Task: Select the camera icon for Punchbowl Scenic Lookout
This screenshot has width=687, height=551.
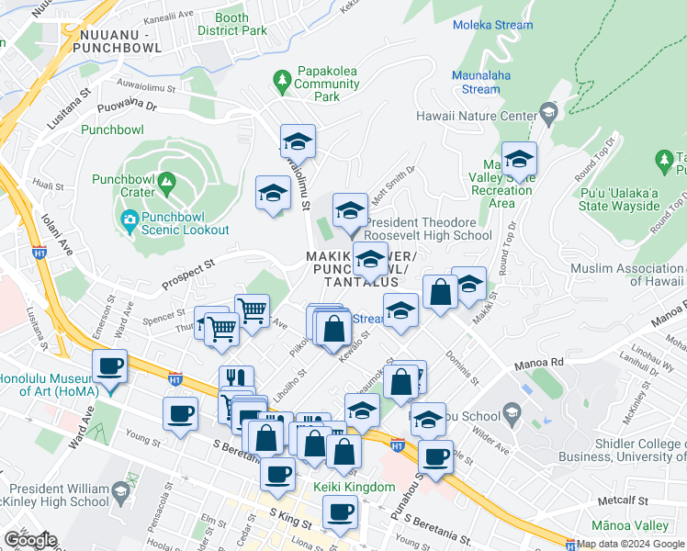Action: click(130, 219)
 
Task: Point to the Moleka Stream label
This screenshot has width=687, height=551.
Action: click(492, 25)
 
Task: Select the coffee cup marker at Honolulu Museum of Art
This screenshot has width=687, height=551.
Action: click(110, 366)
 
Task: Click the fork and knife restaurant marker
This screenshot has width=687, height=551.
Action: click(236, 378)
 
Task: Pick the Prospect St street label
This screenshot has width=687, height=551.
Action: click(188, 270)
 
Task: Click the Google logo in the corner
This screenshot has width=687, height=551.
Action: click(29, 540)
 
